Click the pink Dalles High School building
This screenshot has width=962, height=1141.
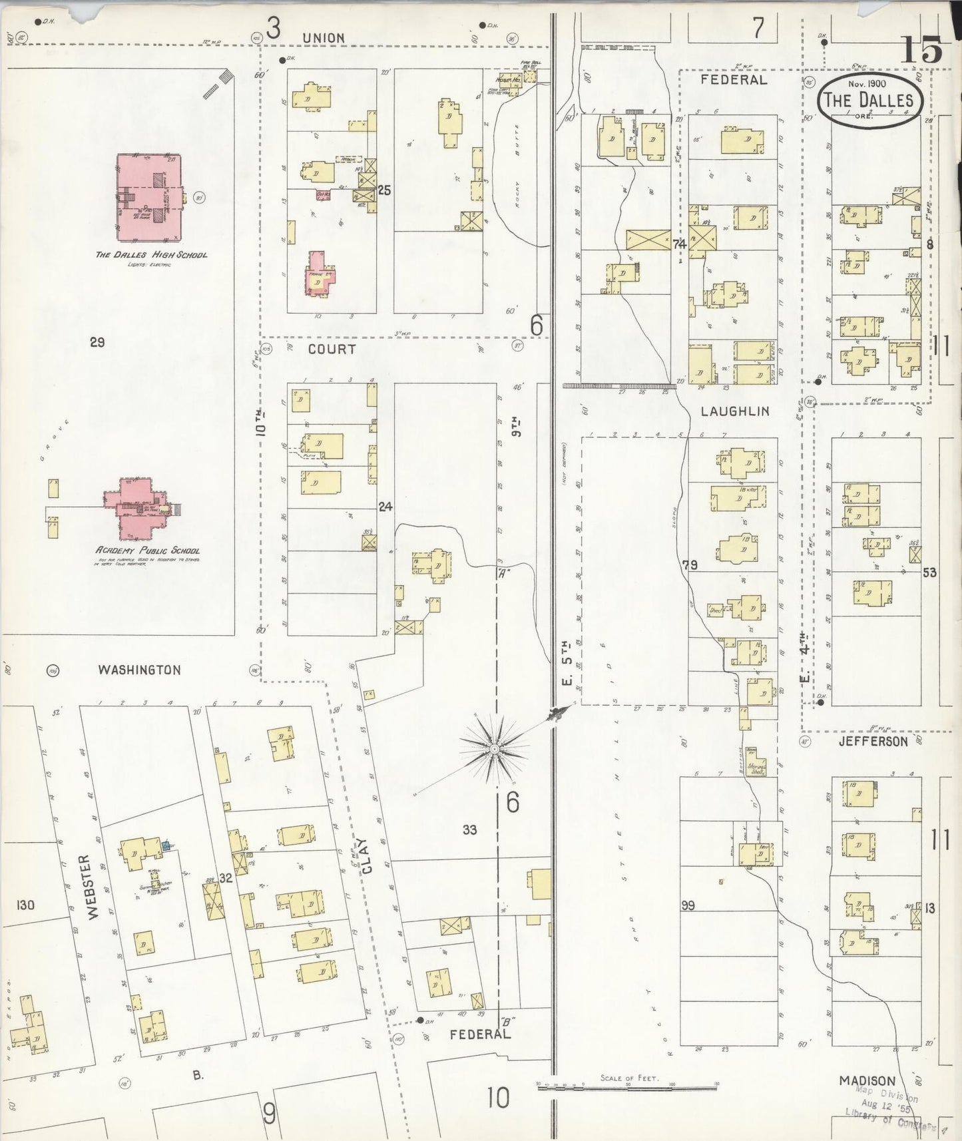click(150, 198)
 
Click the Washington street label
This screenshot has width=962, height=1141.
click(139, 670)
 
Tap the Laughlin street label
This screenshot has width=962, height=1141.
click(735, 411)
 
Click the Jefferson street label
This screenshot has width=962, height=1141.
click(873, 741)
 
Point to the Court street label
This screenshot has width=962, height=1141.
click(332, 349)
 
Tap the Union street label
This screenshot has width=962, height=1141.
click(324, 39)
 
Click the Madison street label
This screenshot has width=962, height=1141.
click(866, 1080)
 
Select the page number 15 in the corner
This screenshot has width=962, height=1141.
click(922, 49)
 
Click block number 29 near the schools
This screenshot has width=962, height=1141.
click(98, 342)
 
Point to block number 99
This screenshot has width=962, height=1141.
click(688, 905)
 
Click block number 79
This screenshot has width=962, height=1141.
click(690, 566)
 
